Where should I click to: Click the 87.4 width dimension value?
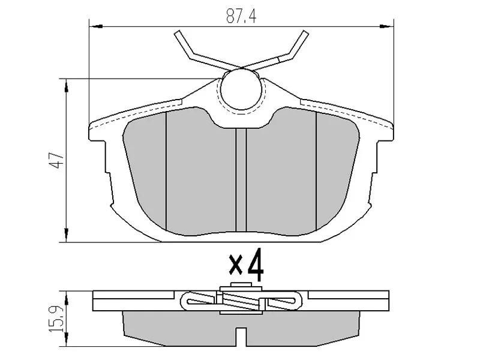coord(241,16)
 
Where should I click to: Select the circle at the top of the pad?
coord(240,89)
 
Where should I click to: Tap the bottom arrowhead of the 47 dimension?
coord(65,236)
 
